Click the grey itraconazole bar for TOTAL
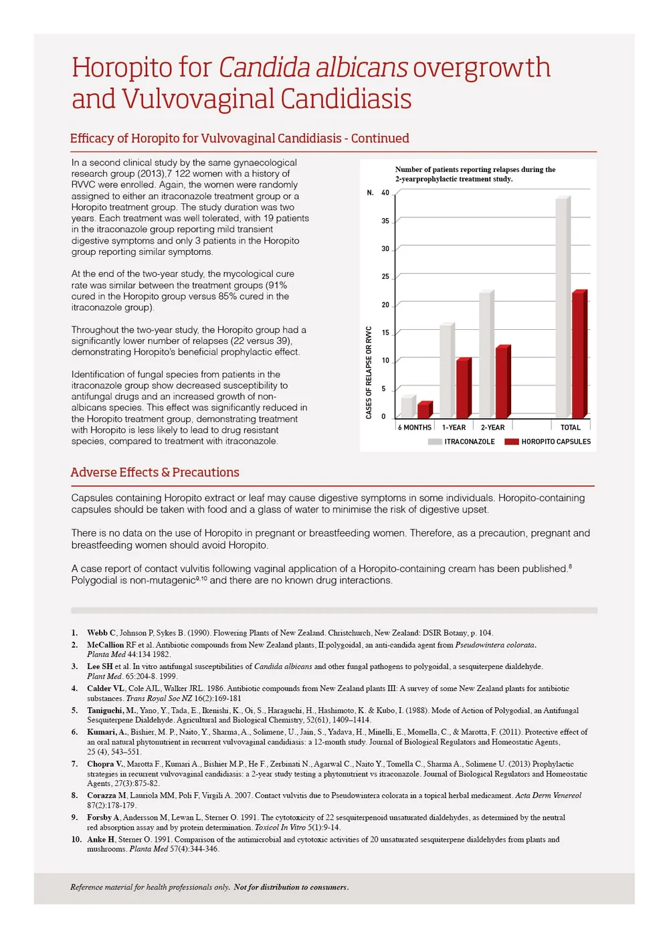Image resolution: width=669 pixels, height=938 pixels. tap(563, 308)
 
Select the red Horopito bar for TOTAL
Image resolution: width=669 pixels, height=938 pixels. tap(579, 355)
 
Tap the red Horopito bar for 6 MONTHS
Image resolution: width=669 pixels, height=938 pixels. tap(423, 410)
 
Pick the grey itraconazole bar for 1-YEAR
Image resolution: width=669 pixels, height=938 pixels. tap(446, 371)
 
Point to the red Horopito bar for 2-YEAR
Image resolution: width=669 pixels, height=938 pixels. tap(502, 382)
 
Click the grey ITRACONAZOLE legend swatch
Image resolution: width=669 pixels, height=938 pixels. tap(435, 442)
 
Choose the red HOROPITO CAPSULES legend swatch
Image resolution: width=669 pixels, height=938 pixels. tap(512, 442)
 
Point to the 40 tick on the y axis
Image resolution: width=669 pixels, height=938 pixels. tap(385, 193)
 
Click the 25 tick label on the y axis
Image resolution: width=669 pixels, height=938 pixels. tap(385, 276)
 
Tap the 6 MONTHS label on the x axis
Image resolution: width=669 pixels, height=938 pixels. tap(415, 428)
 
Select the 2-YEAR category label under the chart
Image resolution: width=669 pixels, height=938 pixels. tap(493, 428)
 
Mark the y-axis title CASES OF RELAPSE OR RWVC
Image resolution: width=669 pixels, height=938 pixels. tap(369, 373)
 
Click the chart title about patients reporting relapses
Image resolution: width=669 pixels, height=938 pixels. tap(475, 174)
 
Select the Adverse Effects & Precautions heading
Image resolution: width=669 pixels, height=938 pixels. tap(155, 472)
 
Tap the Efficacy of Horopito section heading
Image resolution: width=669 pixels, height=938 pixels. tap(240, 138)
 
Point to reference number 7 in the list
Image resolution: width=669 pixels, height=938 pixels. tap(75, 764)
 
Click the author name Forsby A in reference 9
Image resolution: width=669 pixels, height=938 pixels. tap(103, 818)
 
